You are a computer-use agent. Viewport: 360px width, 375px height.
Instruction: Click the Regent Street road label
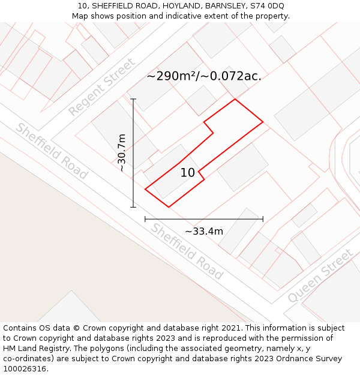(x=101, y=88)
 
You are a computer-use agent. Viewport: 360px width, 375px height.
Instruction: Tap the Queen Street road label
(x=320, y=275)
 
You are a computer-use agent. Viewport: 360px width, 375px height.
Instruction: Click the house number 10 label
(x=188, y=173)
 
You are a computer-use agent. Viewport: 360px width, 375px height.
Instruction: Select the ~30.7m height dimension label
(x=122, y=153)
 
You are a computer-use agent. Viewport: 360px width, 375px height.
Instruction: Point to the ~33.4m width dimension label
(x=204, y=232)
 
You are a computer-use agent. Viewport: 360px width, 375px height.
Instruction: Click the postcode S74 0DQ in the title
(x=267, y=6)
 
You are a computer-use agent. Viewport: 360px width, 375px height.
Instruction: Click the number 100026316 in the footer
(x=25, y=369)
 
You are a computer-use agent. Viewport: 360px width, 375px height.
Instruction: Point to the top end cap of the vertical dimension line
(x=133, y=99)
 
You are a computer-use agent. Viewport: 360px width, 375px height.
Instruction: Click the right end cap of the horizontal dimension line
(x=263, y=219)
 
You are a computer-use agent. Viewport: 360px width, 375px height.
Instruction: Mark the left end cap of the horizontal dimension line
(x=145, y=219)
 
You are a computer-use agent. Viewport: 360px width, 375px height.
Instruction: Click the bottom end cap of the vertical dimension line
(x=133, y=207)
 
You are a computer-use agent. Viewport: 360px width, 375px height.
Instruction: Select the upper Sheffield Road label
(x=52, y=151)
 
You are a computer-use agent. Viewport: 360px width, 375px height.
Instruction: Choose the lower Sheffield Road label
(x=187, y=251)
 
